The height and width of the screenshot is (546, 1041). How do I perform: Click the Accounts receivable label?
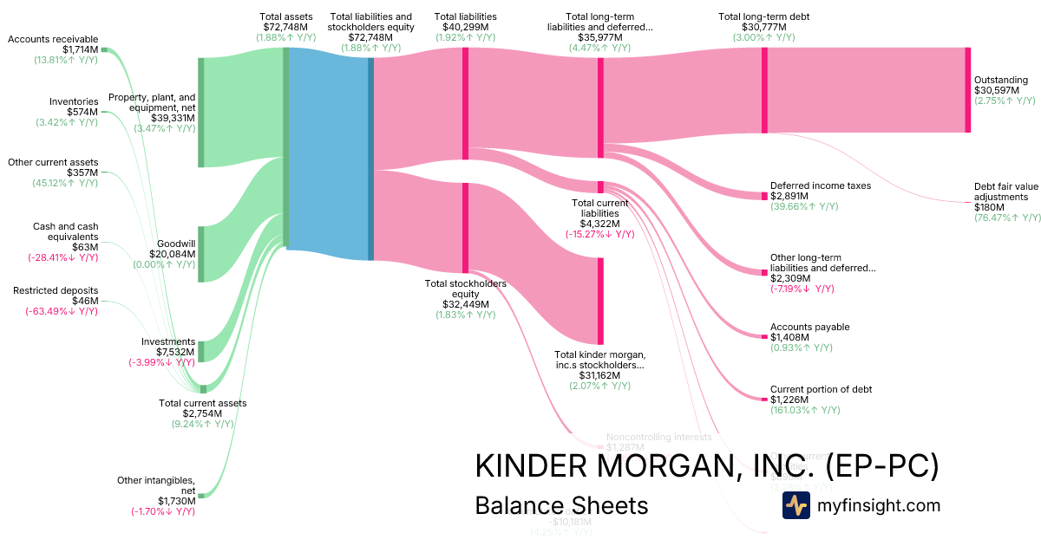pos(53,39)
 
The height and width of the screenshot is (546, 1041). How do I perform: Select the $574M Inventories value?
pos(82,112)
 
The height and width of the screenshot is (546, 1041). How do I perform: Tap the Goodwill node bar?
pos(201,254)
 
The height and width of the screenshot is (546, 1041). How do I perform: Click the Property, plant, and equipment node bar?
pos(201,112)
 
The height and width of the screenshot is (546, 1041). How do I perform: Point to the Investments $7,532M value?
pos(169,352)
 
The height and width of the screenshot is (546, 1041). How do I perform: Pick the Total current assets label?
pos(202,403)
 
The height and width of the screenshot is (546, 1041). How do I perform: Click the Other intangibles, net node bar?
pos(201,496)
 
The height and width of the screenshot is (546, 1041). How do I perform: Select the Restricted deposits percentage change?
pos(61,311)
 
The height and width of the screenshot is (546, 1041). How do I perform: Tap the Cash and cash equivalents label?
pos(65,231)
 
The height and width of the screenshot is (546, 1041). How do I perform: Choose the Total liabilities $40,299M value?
pos(465,28)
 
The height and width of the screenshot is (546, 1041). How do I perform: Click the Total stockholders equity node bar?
pos(465,227)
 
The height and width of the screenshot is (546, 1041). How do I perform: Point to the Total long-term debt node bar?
pos(764,90)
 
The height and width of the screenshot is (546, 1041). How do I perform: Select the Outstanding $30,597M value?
pos(1000,90)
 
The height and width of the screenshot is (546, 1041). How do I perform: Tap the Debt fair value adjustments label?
pos(1005,192)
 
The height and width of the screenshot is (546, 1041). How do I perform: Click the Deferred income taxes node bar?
pos(764,196)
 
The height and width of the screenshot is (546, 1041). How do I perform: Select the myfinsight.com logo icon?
pos(795,505)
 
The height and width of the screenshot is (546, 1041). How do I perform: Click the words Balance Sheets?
pos(561,505)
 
